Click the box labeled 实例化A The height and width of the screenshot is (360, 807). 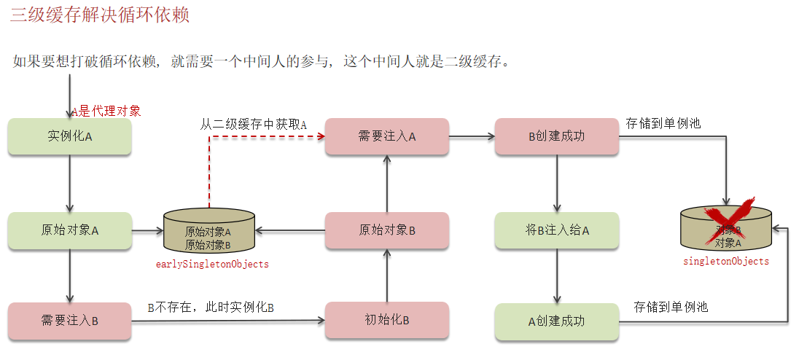[x=70, y=136]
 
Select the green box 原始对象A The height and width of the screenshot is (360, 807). [x=70, y=230]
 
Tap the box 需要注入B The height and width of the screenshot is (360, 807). [x=70, y=321]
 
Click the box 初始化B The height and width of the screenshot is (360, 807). [x=386, y=321]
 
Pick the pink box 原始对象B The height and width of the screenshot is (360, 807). [x=386, y=230]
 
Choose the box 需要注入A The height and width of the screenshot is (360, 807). [x=386, y=136]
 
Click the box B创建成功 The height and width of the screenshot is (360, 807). [x=557, y=136]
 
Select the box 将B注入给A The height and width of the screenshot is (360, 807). [x=557, y=230]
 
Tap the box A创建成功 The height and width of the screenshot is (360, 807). [x=557, y=321]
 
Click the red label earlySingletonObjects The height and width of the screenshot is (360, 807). [x=212, y=265]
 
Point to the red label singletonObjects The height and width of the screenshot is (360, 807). [x=726, y=262]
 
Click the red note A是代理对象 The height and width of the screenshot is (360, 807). [x=106, y=111]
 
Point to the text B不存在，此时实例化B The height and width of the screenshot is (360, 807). [x=211, y=308]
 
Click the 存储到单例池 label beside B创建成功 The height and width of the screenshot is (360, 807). [x=663, y=123]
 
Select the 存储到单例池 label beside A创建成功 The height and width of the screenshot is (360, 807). [x=671, y=307]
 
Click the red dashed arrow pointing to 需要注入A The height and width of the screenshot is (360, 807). [x=262, y=136]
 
